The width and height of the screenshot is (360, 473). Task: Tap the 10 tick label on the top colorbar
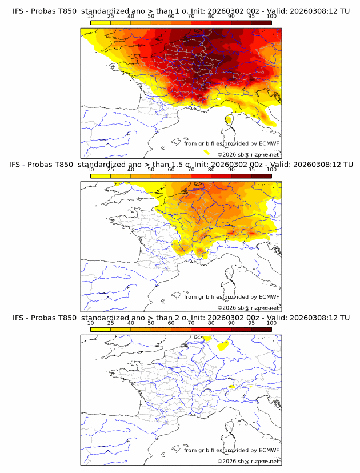click(91, 17)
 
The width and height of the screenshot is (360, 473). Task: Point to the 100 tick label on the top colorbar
click(271, 17)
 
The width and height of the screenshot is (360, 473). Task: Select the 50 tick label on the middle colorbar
click(151, 170)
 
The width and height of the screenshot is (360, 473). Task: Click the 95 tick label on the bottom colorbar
click(251, 323)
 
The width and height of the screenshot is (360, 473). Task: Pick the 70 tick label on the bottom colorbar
click(191, 323)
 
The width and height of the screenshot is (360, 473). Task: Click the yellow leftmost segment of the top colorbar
click(101, 23)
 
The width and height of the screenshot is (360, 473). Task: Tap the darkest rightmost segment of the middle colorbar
click(261, 176)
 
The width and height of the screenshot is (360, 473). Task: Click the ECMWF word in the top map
click(269, 144)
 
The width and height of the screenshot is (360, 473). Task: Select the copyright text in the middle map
click(248, 307)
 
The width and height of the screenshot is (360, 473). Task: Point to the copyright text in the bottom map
click(248, 461)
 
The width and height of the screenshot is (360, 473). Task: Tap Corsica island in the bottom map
click(229, 435)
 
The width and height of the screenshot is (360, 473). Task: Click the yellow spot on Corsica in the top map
click(229, 119)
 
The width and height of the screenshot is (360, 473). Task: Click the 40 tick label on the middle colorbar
click(131, 170)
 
